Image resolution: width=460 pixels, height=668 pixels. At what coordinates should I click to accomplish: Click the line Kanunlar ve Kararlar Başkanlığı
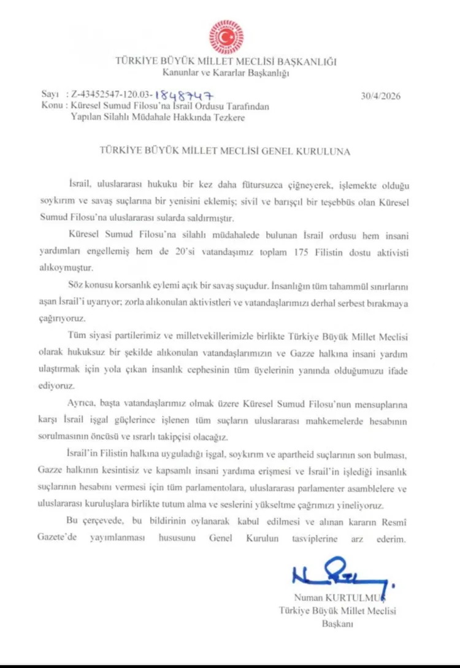[x=226, y=72]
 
